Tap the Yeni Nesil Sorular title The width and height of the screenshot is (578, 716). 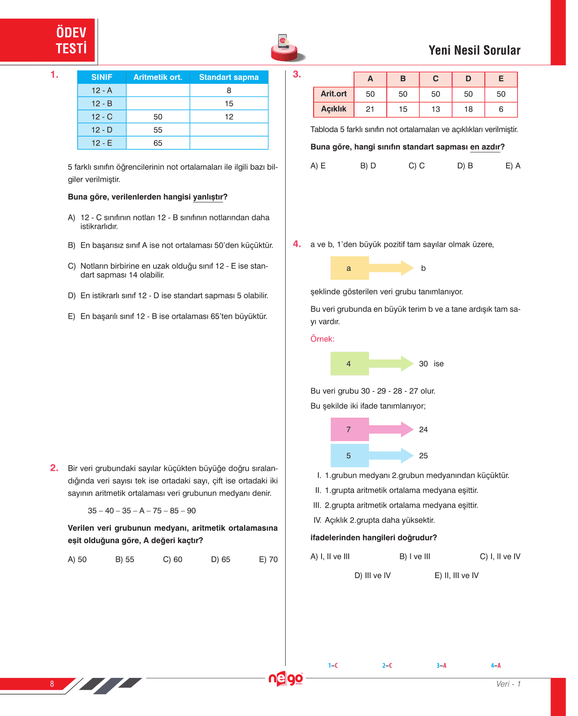pos(474,51)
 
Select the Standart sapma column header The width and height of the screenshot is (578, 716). pos(228,77)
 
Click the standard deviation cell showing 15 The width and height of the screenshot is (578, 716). pos(228,104)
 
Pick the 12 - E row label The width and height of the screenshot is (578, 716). pos(102,143)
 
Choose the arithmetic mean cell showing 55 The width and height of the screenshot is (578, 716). pos(158,130)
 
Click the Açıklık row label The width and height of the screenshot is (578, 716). pos(334,109)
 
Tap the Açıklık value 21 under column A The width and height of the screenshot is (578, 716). pos(370,109)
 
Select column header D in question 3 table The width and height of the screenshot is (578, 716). pos(468,79)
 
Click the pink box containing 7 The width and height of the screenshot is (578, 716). pos(349,430)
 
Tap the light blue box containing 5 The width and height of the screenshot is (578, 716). pos(349,456)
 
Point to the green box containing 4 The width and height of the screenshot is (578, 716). pos(349,364)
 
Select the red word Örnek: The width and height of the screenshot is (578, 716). pos(322,339)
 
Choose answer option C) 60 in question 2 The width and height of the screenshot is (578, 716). pos(173,559)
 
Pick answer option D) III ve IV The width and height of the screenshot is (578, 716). pos(372,575)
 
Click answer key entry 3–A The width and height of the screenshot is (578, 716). pos(441,665)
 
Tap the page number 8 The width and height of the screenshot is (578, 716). pos(52,684)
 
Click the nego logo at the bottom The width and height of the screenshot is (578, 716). pos(286,679)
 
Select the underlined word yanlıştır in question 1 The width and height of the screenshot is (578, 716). pos(208,197)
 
